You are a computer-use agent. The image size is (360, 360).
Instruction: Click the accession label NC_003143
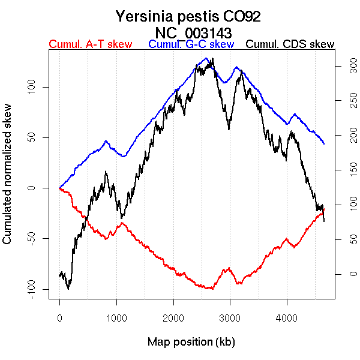(x=193, y=32)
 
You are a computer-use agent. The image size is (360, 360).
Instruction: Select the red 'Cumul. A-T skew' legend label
(x=90, y=44)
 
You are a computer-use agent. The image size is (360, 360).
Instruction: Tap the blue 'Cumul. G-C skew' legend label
(x=191, y=44)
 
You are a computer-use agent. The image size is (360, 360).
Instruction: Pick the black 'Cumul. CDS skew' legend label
(x=290, y=44)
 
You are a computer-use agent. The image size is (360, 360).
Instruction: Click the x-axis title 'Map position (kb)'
(x=191, y=342)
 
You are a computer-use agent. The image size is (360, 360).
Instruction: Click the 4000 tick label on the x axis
(x=287, y=317)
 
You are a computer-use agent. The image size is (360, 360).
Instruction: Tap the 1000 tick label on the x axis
(x=116, y=317)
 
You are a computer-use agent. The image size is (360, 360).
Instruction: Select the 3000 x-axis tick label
(x=230, y=317)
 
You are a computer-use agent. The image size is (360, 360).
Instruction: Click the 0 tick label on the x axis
(x=59, y=317)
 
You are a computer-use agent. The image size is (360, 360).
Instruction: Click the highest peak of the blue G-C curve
(x=206, y=58)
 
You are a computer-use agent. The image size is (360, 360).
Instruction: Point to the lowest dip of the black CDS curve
(x=68, y=289)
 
